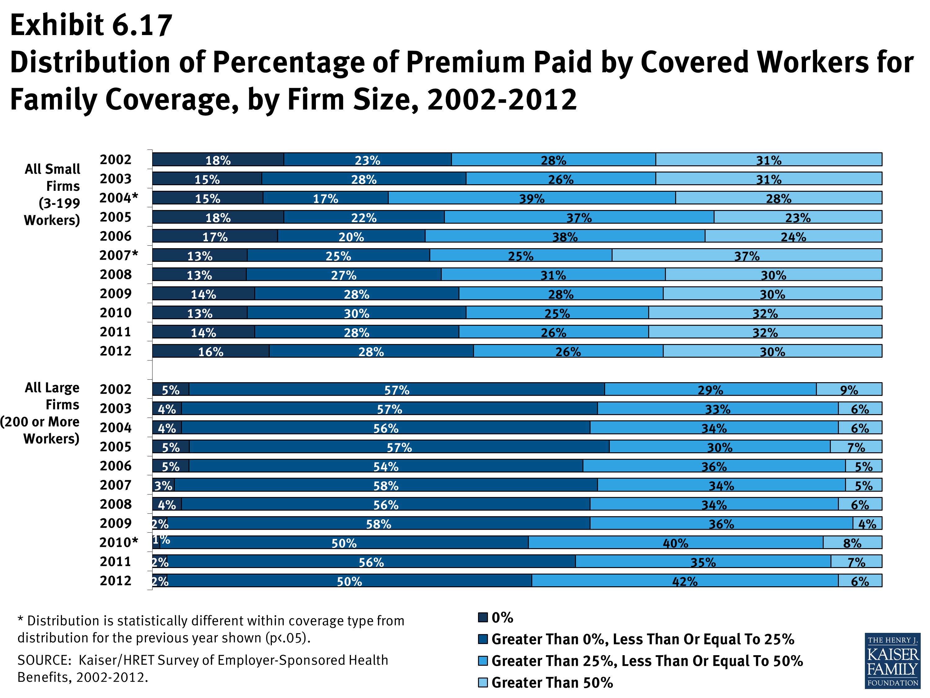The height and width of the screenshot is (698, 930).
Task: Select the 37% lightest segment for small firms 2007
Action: (747, 255)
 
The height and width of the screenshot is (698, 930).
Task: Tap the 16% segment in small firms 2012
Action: (210, 351)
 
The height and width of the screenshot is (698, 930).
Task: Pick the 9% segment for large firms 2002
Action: (849, 390)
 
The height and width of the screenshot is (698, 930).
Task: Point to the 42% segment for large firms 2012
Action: (684, 581)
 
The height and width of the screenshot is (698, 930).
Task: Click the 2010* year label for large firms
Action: (118, 542)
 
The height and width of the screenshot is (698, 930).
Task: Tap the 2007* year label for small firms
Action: (118, 255)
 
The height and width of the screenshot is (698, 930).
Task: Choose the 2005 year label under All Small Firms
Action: (116, 217)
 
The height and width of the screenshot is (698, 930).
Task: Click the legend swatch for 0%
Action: (483, 617)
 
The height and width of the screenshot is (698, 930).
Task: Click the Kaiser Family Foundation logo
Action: (892, 660)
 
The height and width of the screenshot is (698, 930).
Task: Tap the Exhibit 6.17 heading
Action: (91, 25)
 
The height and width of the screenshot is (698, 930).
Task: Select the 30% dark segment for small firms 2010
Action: (356, 313)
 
